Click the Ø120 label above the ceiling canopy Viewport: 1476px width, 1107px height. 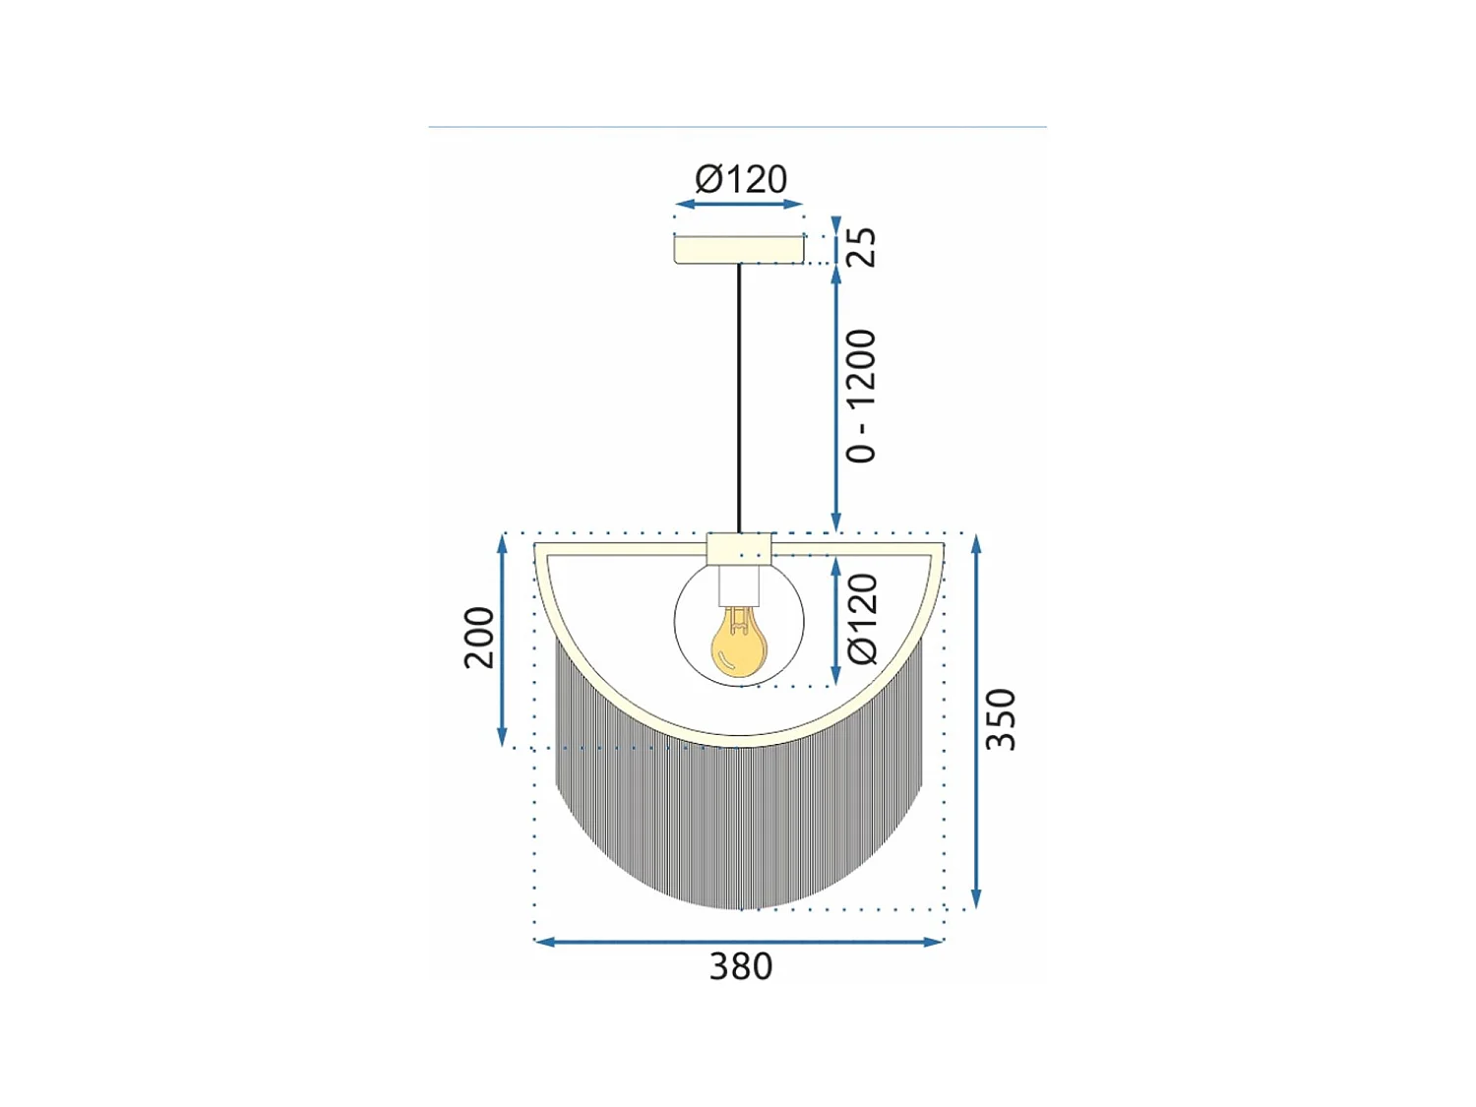tap(740, 180)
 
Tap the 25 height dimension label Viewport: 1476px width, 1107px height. tap(861, 247)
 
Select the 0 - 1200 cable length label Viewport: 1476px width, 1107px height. tap(861, 396)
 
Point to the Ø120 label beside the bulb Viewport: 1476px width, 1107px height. tap(863, 619)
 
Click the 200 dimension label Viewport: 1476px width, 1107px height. tap(479, 638)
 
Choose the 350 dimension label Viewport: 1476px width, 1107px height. tap(1001, 718)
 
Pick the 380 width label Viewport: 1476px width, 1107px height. tap(740, 967)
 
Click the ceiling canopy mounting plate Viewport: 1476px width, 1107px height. tap(739, 250)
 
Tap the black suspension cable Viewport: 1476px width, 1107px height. tap(739, 394)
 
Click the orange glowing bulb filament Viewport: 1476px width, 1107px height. tap(738, 645)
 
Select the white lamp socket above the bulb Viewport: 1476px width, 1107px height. tap(740, 584)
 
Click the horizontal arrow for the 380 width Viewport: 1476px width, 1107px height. tap(738, 942)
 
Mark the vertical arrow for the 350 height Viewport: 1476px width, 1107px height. tap(976, 721)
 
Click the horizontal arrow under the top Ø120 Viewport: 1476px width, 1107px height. tap(739, 205)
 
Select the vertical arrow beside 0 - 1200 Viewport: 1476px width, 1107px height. tap(836, 399)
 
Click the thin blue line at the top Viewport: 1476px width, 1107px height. tap(738, 127)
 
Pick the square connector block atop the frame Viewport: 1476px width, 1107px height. tap(739, 548)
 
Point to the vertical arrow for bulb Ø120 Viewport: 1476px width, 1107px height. tap(836, 620)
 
